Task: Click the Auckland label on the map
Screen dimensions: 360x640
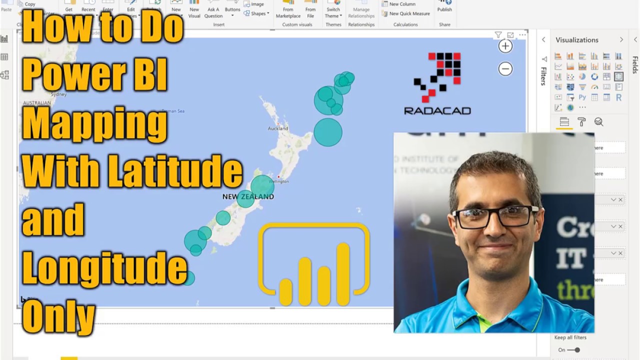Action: tap(277, 128)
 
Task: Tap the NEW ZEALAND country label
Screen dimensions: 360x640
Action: tap(248, 196)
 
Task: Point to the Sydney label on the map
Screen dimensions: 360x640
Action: tap(58, 94)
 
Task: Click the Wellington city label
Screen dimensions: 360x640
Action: tap(279, 181)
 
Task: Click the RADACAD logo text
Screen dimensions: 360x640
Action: tap(437, 111)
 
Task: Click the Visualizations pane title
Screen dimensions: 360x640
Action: tap(577, 40)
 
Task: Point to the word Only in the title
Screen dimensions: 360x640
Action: tap(58, 317)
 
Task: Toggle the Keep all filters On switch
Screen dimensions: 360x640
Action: tap(574, 350)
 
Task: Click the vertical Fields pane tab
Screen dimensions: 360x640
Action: tap(635, 65)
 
